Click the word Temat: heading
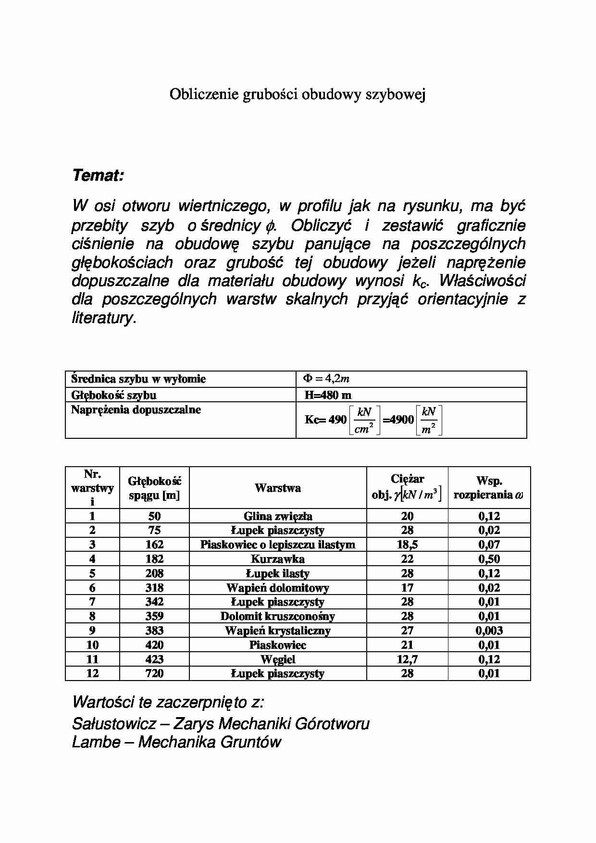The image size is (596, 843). click(98, 176)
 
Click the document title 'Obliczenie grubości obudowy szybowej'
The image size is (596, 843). click(298, 95)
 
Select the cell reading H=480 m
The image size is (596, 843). click(328, 395)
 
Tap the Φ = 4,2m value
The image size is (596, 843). click(326, 379)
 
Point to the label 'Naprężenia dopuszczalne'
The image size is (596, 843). click(136, 410)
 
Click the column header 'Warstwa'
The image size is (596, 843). click(278, 488)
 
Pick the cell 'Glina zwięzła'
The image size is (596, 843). click(278, 516)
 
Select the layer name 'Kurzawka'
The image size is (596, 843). click(278, 559)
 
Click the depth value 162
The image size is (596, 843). click(154, 545)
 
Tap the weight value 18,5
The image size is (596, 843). click(407, 545)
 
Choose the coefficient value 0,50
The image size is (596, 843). click(489, 559)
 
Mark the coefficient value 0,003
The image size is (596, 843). click(489, 631)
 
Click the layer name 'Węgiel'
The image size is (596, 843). click(278, 659)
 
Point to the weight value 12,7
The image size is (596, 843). click(407, 659)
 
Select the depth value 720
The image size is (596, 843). click(154, 673)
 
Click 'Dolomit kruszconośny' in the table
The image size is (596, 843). click(278, 616)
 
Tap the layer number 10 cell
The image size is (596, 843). click(92, 645)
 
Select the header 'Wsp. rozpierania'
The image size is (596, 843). click(489, 488)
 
